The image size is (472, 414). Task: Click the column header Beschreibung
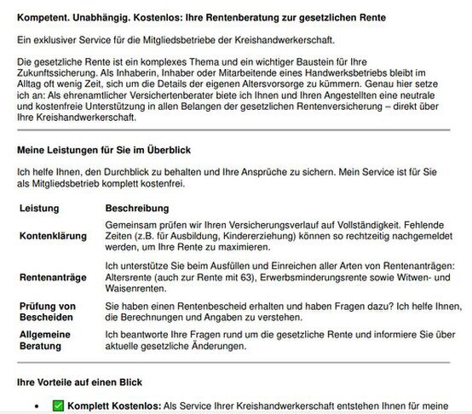[136, 208]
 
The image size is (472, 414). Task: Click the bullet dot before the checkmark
[36, 407]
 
